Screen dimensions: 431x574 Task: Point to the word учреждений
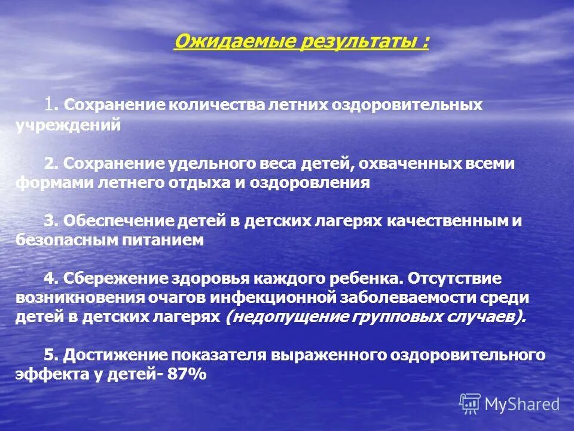[x=69, y=125]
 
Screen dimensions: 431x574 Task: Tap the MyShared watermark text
[x=522, y=405]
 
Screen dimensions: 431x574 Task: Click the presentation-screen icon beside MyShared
[x=470, y=404]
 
